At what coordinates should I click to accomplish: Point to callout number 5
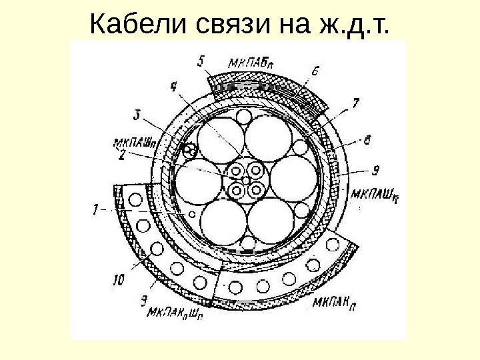(202, 61)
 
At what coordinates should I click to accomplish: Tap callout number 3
(137, 115)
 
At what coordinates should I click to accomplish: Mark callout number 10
(118, 281)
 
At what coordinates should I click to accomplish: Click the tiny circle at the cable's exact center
(245, 180)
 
